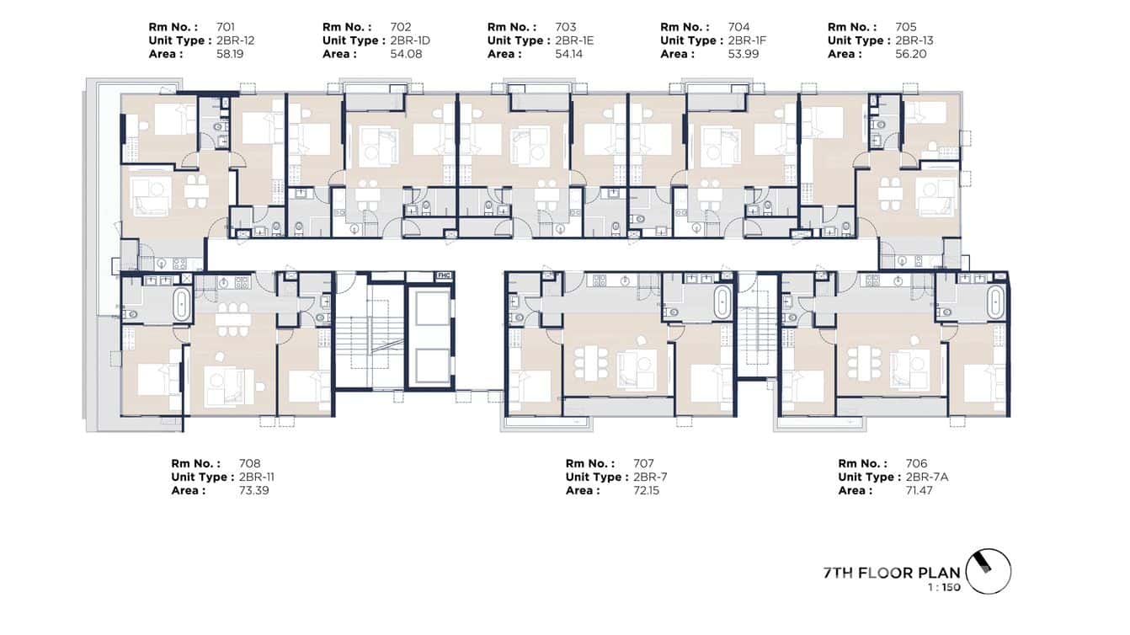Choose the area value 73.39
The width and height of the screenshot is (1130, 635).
click(x=254, y=490)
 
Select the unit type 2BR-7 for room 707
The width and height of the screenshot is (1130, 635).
click(x=649, y=477)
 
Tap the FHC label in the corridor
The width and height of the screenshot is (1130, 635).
click(x=443, y=275)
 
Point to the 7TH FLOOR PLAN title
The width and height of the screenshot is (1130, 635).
click(x=892, y=574)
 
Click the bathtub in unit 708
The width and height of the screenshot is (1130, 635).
click(x=183, y=304)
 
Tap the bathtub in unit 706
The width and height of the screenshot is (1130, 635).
click(x=995, y=303)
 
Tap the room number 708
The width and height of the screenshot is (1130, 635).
click(x=250, y=463)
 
